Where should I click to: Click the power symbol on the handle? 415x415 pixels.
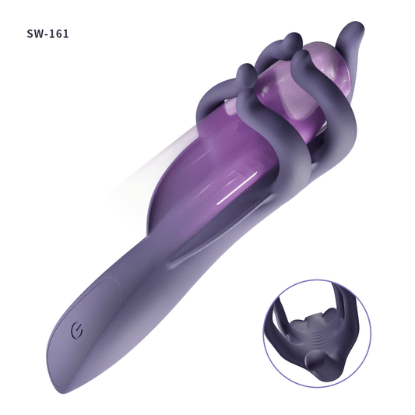click(77, 331)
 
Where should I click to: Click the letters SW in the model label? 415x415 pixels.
click(36, 34)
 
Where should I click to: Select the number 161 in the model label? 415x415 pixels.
click(59, 34)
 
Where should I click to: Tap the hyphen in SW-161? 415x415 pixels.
click(47, 35)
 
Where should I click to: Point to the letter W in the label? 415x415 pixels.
click(39, 34)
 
